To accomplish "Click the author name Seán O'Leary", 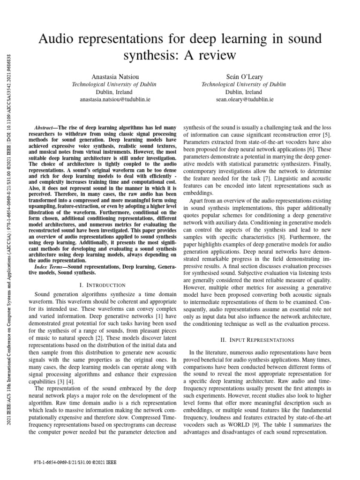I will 243,76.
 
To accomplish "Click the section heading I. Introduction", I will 103,285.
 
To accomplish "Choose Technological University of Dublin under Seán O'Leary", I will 243,84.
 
